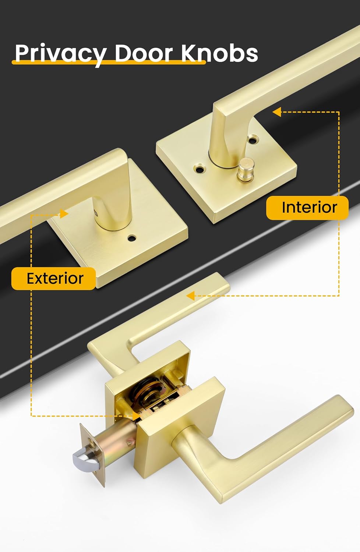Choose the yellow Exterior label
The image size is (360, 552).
[x=54, y=279]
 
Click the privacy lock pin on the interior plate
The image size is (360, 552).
[x=244, y=169]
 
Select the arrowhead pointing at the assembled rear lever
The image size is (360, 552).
[x=190, y=296]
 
